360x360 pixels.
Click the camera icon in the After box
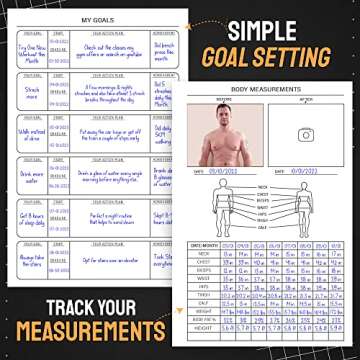click(x=306, y=135)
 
